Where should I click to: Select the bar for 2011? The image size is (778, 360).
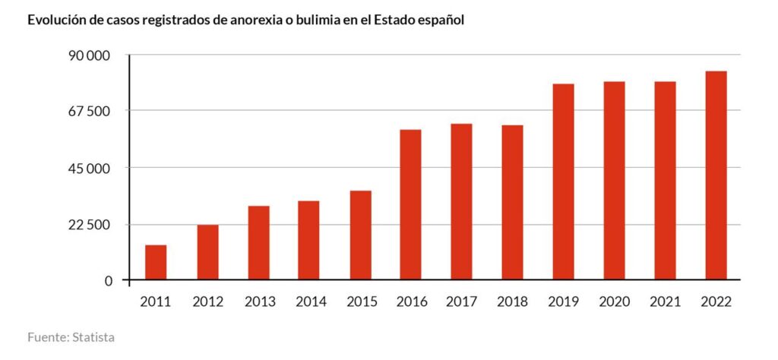pyautogui.click(x=156, y=262)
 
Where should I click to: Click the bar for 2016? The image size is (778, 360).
pyautogui.click(x=410, y=204)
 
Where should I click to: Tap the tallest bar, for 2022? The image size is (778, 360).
pyautogui.click(x=716, y=175)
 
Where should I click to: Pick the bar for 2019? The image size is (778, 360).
pyautogui.click(x=563, y=182)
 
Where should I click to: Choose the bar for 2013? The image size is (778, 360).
pyautogui.click(x=258, y=242)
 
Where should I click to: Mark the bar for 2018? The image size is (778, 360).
pyautogui.click(x=512, y=202)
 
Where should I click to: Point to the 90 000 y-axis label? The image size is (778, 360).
pyautogui.click(x=89, y=55)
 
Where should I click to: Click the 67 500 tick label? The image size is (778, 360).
pyautogui.click(x=89, y=111)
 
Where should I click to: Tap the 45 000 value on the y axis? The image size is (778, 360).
pyautogui.click(x=89, y=168)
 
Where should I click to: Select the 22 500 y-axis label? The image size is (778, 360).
pyautogui.click(x=89, y=225)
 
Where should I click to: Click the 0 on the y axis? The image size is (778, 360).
pyautogui.click(x=107, y=281)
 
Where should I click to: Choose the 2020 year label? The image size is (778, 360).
pyautogui.click(x=614, y=302)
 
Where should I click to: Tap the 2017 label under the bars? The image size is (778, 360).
pyautogui.click(x=461, y=302)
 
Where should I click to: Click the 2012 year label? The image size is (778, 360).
pyautogui.click(x=207, y=302)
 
